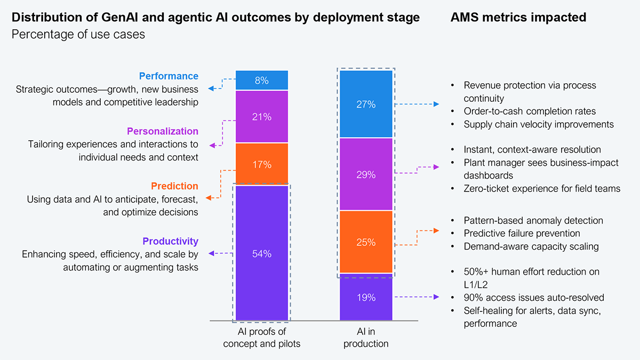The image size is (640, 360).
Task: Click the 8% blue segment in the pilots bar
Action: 262,81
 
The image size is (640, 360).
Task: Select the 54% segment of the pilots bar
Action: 262,254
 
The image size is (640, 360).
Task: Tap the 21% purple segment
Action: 262,117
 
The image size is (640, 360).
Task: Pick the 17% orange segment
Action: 262,165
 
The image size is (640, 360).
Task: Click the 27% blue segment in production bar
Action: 366,105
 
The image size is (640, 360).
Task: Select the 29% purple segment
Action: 366,174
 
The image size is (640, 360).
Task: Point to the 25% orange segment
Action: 366,242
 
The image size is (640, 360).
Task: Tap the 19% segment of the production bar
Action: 366,298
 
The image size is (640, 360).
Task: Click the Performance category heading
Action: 169,76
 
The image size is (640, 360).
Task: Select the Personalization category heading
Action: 162,131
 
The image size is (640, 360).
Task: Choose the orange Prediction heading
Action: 174,186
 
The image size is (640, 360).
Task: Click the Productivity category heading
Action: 170,241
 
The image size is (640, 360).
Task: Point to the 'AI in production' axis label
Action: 366,338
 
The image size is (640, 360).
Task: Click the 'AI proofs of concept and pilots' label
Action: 262,338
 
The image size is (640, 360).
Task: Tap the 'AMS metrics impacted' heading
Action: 518,18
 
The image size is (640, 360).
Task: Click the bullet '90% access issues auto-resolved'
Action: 534,298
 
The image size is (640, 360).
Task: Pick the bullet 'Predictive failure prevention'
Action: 522,234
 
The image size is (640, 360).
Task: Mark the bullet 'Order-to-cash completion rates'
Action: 530,111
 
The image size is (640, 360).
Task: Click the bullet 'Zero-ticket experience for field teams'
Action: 542,188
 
